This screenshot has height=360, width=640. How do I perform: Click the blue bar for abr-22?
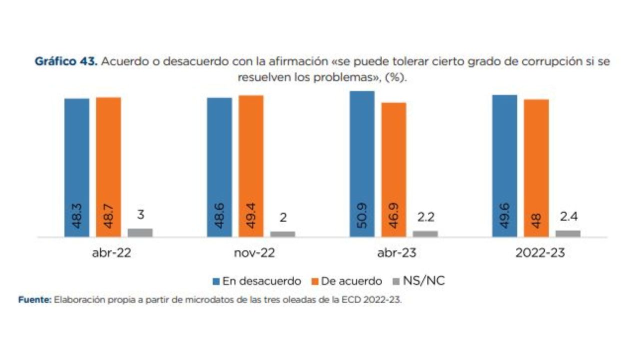(x=76, y=167)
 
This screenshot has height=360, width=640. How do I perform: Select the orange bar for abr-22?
(x=108, y=167)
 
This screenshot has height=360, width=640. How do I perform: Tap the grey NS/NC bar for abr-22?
(x=140, y=232)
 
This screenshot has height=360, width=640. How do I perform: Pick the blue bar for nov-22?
(x=219, y=167)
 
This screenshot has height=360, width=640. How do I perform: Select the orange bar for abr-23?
(x=393, y=169)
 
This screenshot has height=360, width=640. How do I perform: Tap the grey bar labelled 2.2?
(x=425, y=233)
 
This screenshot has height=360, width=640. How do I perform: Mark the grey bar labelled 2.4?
(x=568, y=233)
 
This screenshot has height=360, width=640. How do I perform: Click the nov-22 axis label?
(x=254, y=253)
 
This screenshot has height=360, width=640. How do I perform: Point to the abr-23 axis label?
(x=397, y=253)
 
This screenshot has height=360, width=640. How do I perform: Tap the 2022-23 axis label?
(x=540, y=253)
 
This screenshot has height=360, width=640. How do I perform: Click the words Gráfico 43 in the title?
(x=66, y=62)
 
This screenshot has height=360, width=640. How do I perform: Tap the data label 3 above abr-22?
(x=140, y=214)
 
